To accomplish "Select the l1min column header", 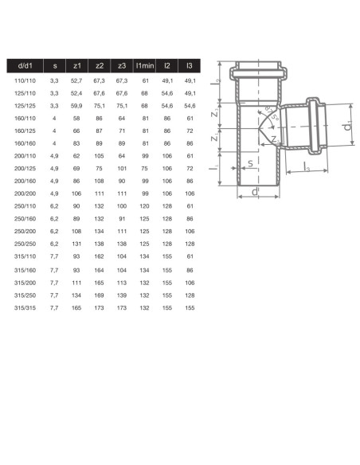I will tap(144, 66).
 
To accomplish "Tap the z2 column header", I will tap(100, 66).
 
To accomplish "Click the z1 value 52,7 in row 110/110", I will tap(77, 81).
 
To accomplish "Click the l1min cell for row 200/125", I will tap(144, 170).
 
